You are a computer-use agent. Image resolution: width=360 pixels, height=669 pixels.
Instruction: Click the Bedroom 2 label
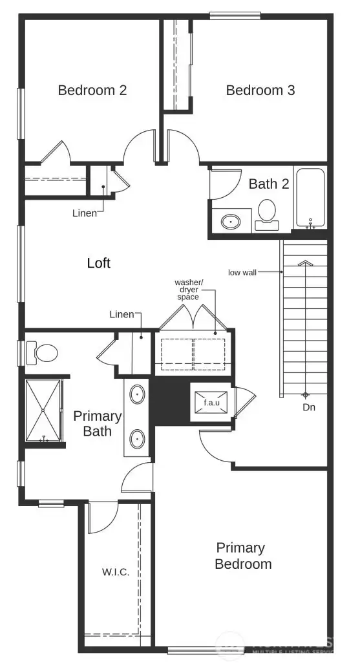click(x=92, y=90)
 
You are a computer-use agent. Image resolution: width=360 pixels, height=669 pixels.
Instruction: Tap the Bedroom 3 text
click(x=260, y=90)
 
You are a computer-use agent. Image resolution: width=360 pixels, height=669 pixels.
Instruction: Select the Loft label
click(x=98, y=263)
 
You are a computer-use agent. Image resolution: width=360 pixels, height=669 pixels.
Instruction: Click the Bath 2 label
click(x=269, y=184)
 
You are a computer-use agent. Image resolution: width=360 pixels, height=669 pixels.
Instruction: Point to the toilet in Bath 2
click(x=266, y=213)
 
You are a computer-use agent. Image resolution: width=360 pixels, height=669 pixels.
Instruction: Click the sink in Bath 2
click(x=231, y=222)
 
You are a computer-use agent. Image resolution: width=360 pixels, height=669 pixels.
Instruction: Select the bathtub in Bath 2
click(x=310, y=196)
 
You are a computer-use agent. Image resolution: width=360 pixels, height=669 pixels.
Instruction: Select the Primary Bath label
click(x=98, y=423)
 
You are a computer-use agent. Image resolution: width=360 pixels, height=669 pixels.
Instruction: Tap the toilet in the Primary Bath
click(x=44, y=353)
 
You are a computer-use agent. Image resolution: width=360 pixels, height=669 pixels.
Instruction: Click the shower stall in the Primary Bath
click(x=43, y=410)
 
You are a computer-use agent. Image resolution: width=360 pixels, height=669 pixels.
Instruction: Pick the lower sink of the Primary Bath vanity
click(x=138, y=439)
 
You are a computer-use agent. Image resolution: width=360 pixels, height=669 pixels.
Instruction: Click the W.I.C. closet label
click(x=116, y=572)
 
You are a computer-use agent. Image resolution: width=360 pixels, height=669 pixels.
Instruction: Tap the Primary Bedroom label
click(x=244, y=556)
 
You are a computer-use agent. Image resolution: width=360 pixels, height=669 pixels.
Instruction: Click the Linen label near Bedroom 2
click(x=84, y=213)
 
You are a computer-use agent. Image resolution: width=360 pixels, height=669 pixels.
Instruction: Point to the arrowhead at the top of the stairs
click(x=304, y=263)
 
